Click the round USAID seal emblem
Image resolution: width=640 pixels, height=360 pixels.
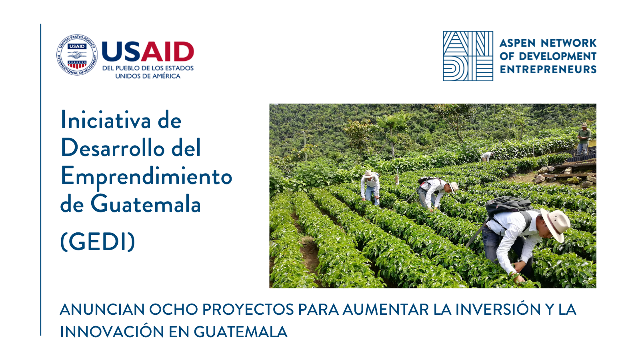[x=77, y=55]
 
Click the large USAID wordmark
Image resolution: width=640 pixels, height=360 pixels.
[x=148, y=52]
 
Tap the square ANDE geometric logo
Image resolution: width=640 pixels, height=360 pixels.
[x=468, y=56]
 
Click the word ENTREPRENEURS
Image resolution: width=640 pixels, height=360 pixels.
[x=548, y=70]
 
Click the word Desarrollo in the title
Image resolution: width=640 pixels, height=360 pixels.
[x=113, y=148]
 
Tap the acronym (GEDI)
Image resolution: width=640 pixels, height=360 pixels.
[x=98, y=242]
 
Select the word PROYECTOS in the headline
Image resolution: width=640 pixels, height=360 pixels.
[x=248, y=310]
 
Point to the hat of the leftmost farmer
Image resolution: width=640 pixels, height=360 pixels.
[x=369, y=174]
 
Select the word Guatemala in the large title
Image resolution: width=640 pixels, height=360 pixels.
[x=146, y=204]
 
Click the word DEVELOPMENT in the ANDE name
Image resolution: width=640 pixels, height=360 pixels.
[x=558, y=56]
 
